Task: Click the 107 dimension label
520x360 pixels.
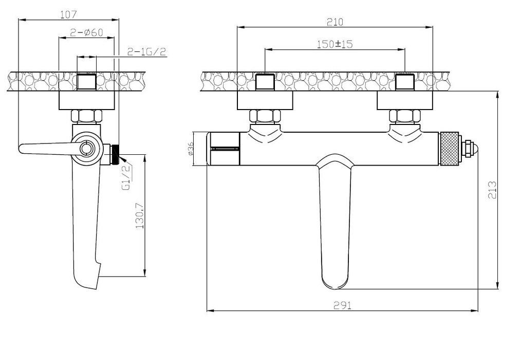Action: (x=68, y=14)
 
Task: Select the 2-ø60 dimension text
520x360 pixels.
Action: (x=86, y=32)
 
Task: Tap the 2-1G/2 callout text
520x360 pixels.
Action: (x=146, y=51)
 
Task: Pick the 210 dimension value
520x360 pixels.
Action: (x=335, y=22)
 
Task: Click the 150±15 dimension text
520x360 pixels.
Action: (x=335, y=44)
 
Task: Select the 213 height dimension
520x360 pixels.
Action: (x=492, y=190)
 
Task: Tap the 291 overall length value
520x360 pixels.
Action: (x=342, y=305)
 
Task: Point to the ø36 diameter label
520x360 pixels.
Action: (x=190, y=149)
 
